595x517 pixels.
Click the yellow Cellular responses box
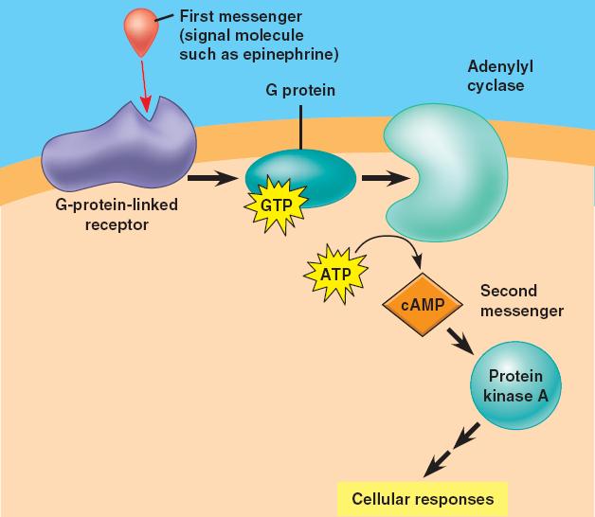pos(422,498)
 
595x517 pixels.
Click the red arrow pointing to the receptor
pos(142,85)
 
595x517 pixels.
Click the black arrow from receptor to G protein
pos(211,177)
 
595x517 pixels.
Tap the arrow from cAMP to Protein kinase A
pos(461,340)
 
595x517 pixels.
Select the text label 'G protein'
pos(300,91)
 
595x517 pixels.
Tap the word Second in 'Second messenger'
pos(508,291)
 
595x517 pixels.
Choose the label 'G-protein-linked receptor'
pos(116,214)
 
